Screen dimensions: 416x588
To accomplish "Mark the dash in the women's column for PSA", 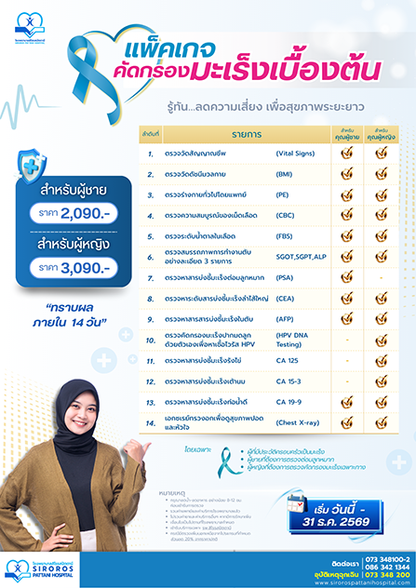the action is [x=381, y=277].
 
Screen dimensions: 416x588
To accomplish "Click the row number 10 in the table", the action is [x=150, y=339].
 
